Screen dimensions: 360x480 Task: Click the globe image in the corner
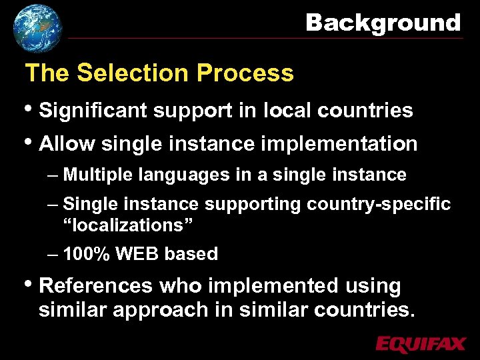click(x=37, y=28)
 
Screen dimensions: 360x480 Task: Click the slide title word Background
click(x=383, y=23)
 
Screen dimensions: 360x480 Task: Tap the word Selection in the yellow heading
click(x=135, y=73)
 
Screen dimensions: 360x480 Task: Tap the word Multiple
click(x=99, y=175)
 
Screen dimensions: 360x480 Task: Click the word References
click(x=96, y=286)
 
